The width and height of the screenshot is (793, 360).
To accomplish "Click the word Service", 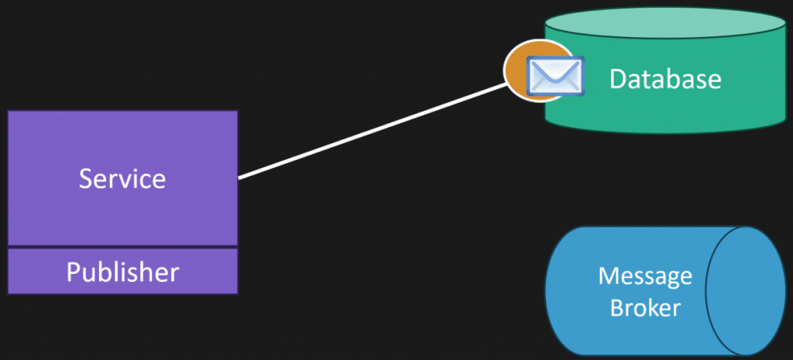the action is pyautogui.click(x=122, y=179).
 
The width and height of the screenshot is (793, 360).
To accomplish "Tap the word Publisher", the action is pyautogui.click(x=122, y=272).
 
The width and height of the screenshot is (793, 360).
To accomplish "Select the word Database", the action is pyautogui.click(x=665, y=80).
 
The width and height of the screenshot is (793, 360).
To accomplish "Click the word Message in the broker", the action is pyautogui.click(x=645, y=276).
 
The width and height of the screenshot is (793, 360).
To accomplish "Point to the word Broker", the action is pyautogui.click(x=645, y=307).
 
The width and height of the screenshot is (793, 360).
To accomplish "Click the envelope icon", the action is pyautogui.click(x=554, y=77).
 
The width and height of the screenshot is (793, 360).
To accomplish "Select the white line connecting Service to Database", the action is pyautogui.click(x=372, y=131).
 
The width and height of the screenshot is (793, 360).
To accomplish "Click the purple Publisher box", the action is pyautogui.click(x=122, y=271).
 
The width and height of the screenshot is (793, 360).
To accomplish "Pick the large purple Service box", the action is pyautogui.click(x=122, y=178).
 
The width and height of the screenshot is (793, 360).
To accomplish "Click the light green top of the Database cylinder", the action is pyautogui.click(x=665, y=22).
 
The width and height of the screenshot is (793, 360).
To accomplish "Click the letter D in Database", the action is pyautogui.click(x=617, y=80).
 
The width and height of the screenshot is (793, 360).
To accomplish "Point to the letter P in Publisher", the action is pyautogui.click(x=74, y=272).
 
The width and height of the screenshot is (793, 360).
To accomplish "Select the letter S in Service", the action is pyautogui.click(x=87, y=179).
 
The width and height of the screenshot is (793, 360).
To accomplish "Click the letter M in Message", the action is pyautogui.click(x=609, y=276).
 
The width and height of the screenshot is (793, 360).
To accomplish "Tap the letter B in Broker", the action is pyautogui.click(x=617, y=307).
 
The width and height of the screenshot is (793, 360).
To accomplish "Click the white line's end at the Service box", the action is pyautogui.click(x=239, y=178).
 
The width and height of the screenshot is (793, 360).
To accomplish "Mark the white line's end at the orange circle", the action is pyautogui.click(x=506, y=84).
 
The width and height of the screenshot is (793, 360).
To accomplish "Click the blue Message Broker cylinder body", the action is pyautogui.click(x=627, y=291).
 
